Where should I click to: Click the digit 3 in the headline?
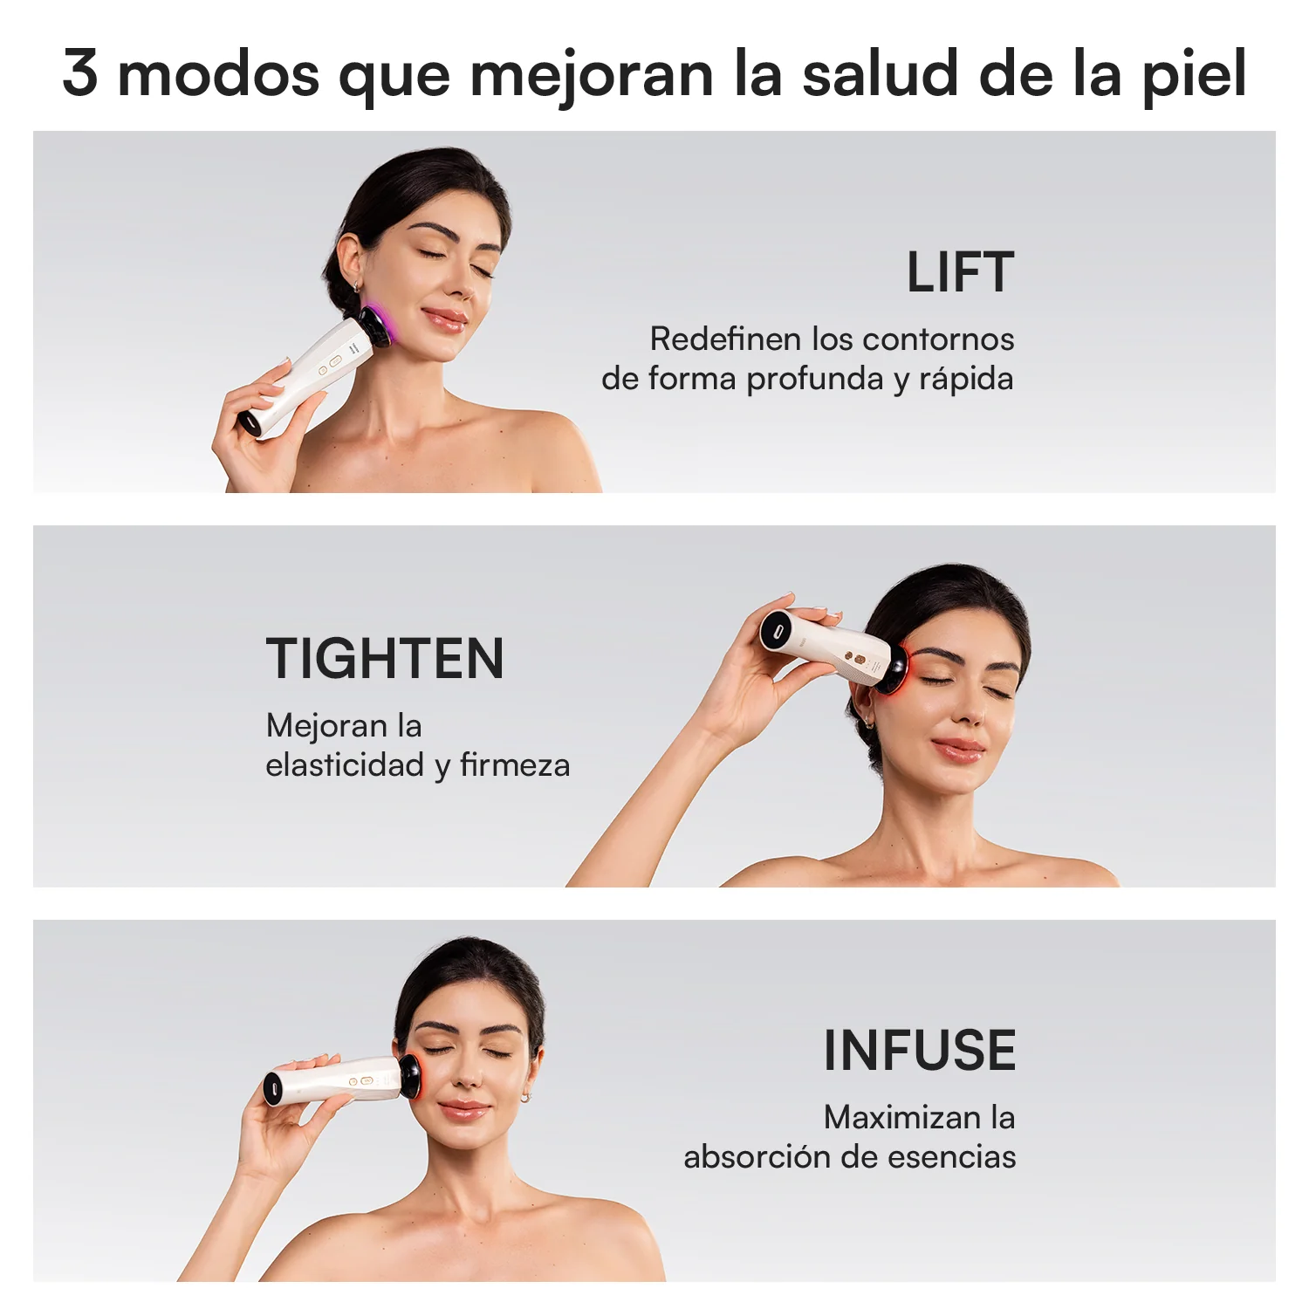click(79, 72)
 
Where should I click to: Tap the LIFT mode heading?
click(960, 272)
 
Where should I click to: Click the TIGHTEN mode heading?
click(385, 659)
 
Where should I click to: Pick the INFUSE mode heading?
click(920, 1050)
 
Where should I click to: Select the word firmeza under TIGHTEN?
click(515, 765)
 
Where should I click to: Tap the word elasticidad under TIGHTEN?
click(345, 765)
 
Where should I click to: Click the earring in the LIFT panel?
click(356, 285)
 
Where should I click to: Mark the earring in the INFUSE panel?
click(526, 1097)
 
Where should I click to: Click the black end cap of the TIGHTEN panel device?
click(773, 629)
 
